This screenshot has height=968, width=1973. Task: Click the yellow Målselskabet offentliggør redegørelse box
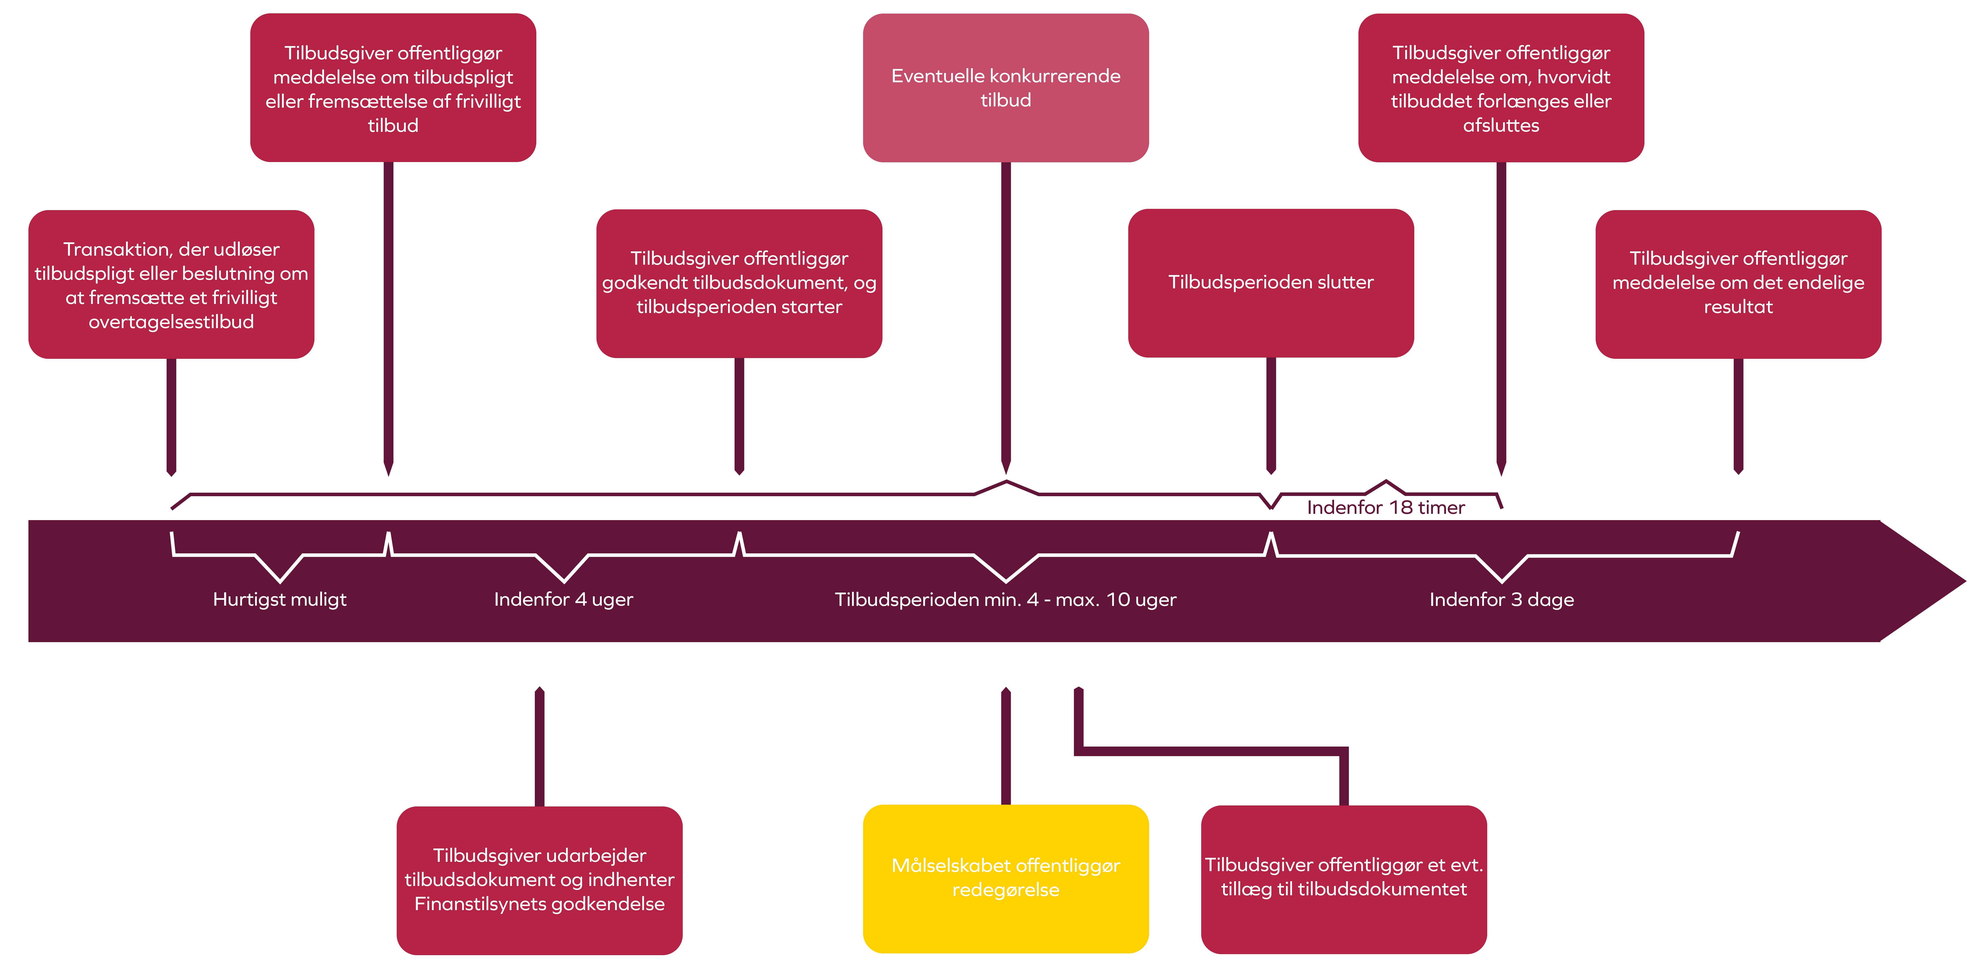pos(1006,878)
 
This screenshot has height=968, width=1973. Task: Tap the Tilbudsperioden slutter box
pos(1271,283)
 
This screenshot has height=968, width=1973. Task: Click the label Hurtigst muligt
pos(279,599)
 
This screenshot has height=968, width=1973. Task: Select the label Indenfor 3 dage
pos(1501,599)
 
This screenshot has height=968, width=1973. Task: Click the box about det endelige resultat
pos(1738,283)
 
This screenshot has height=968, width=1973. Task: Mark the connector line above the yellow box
pos(1006,747)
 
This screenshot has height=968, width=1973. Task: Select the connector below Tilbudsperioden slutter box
pos(1271,413)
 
